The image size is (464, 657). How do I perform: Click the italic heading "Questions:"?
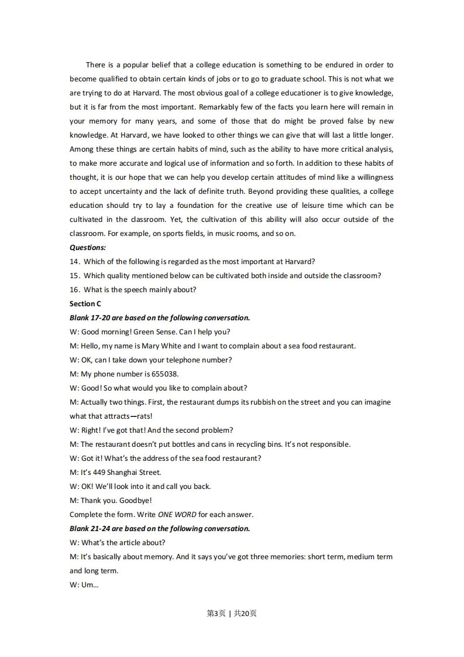point(88,248)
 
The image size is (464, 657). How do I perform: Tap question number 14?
point(74,262)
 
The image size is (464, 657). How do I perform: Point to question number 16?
point(74,290)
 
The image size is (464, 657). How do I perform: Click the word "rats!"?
point(144,416)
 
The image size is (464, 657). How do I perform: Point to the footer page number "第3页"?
point(216,614)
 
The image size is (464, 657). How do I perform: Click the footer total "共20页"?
point(245,614)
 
